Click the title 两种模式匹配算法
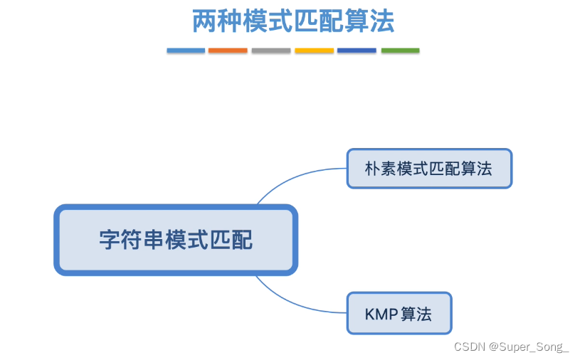[293, 21]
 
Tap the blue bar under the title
[186, 51]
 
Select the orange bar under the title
[228, 51]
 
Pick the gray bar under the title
[271, 51]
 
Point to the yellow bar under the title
[314, 51]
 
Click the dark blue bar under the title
[357, 51]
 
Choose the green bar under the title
[400, 51]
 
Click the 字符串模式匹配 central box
[176, 240]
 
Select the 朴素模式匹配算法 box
[429, 169]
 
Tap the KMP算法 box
[399, 313]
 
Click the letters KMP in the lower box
[381, 314]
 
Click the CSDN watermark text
[469, 347]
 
